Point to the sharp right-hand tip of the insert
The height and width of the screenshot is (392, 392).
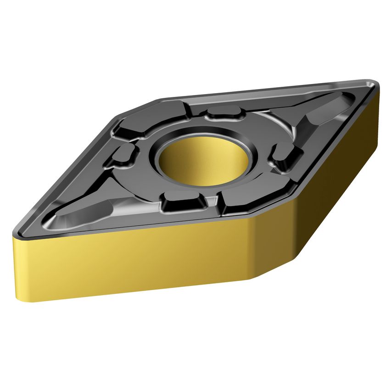(375, 84)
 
